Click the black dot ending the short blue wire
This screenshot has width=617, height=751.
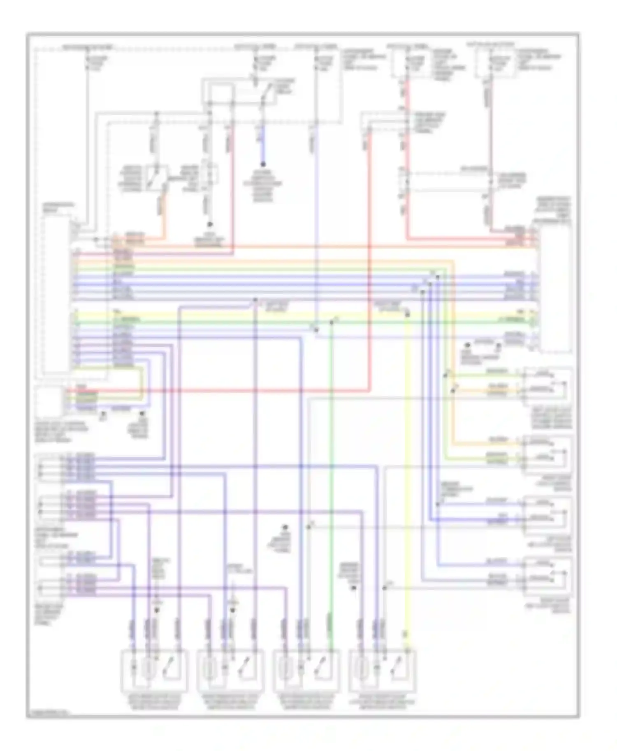pos(263,164)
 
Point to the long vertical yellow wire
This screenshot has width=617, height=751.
pos(407,472)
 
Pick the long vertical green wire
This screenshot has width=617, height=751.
pos(332,472)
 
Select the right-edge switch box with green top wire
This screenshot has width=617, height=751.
pos(547,386)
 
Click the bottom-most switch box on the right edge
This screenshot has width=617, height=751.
pos(547,575)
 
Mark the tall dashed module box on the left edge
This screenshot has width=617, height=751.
pos(56,294)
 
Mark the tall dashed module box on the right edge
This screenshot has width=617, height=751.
pos(555,288)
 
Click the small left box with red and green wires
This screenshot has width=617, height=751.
pos(49,401)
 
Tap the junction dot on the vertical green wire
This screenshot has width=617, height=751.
pos(332,323)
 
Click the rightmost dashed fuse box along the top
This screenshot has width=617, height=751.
pos(496,62)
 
